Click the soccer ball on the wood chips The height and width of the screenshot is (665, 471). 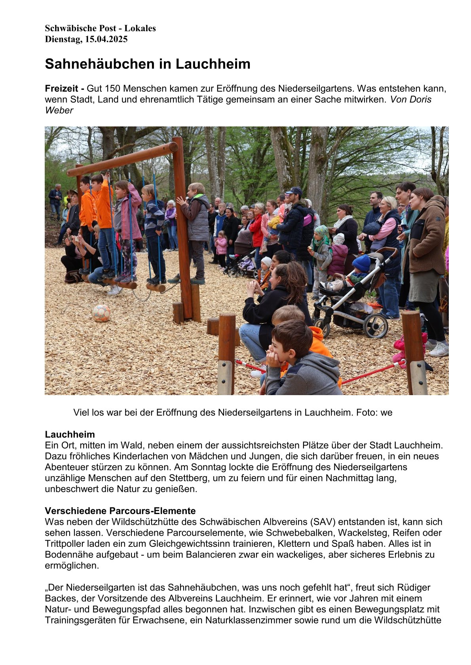point(101,313)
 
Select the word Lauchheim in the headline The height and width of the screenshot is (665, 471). point(213,64)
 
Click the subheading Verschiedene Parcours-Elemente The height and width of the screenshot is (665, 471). point(120,511)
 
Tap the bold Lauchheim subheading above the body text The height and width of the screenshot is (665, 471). point(70,435)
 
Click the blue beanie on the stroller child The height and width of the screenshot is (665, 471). point(361,262)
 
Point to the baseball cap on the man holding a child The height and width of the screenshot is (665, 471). point(294,191)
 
